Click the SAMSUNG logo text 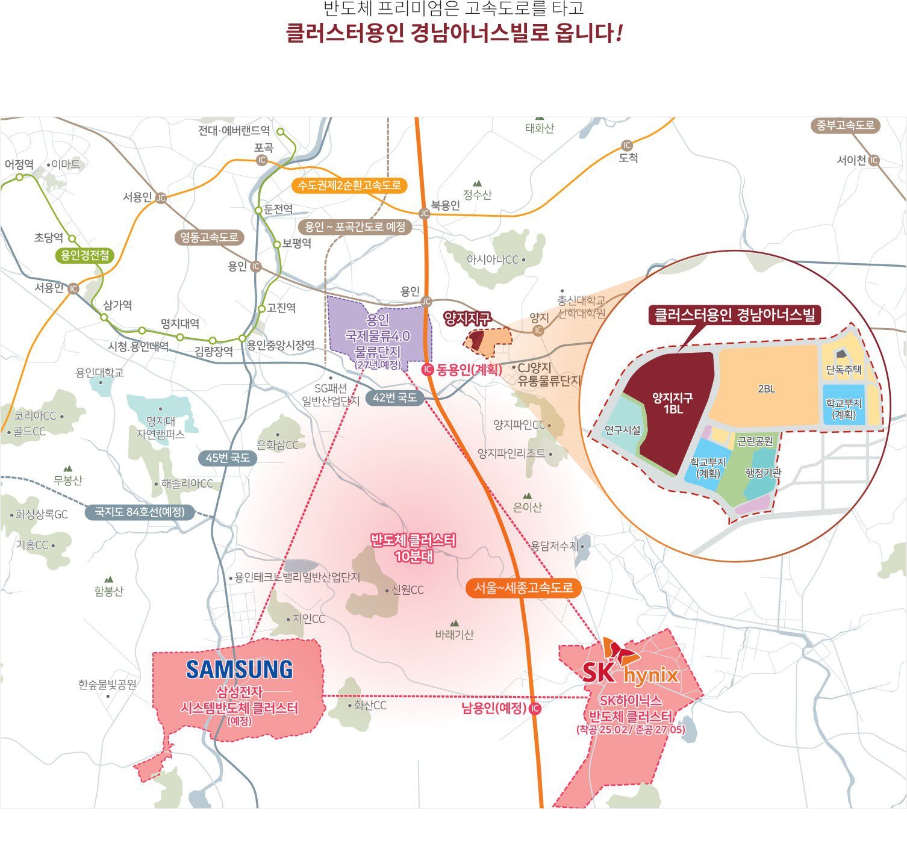tap(239, 670)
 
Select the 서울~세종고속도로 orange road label tap(523, 588)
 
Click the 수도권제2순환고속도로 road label tap(349, 185)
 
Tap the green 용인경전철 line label tap(85, 255)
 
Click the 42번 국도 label tap(394, 397)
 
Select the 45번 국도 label tap(227, 458)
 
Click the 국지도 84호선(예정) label tap(139, 512)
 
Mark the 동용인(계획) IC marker tap(427, 370)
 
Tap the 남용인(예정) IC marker tap(534, 709)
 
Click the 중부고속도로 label tap(844, 125)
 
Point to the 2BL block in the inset tap(766, 388)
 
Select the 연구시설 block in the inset tap(622, 429)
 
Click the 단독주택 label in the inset tap(843, 370)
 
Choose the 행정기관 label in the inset tap(762, 473)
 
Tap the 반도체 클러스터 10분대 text tap(413, 548)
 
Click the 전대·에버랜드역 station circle tap(280, 131)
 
